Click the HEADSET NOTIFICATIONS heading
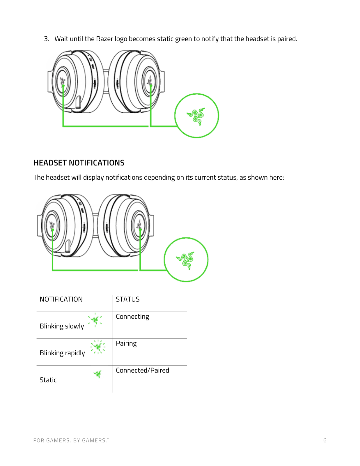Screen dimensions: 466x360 point(79,163)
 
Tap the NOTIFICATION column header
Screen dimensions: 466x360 point(61,299)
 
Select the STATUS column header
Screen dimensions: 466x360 point(128,299)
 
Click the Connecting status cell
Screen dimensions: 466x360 point(132,317)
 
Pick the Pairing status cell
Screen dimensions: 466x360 point(126,344)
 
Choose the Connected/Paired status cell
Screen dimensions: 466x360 point(143,370)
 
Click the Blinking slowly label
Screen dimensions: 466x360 point(62,326)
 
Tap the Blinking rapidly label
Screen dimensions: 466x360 point(62,353)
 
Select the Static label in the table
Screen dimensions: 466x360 point(48,380)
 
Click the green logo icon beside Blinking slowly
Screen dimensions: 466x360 point(95,320)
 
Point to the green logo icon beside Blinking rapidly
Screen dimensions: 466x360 point(98,347)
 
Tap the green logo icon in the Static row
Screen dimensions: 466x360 point(98,374)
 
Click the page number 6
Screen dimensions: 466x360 point(325,441)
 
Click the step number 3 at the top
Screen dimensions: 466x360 point(46,39)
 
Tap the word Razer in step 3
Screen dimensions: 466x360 point(104,39)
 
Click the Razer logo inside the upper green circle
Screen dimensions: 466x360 point(196,116)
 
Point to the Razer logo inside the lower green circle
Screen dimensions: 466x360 point(186,260)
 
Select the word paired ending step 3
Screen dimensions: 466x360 point(287,39)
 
